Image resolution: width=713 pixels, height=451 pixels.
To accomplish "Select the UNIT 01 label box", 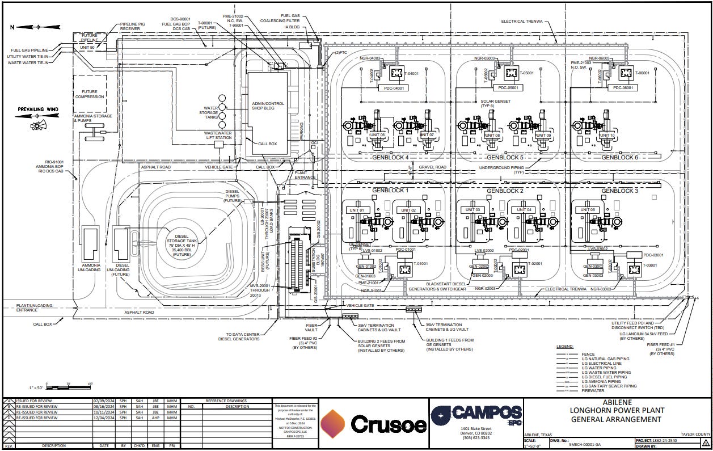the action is pyautogui.click(x=358, y=210).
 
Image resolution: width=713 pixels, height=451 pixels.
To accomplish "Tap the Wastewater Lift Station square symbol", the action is pyautogui.click(x=218, y=145).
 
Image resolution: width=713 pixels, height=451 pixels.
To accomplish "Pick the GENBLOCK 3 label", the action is pyautogui.click(x=619, y=191).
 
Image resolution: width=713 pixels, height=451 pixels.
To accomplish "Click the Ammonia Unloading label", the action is pyautogui.click(x=91, y=267).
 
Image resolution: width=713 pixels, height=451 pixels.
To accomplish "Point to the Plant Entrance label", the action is pyautogui.click(x=305, y=175).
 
